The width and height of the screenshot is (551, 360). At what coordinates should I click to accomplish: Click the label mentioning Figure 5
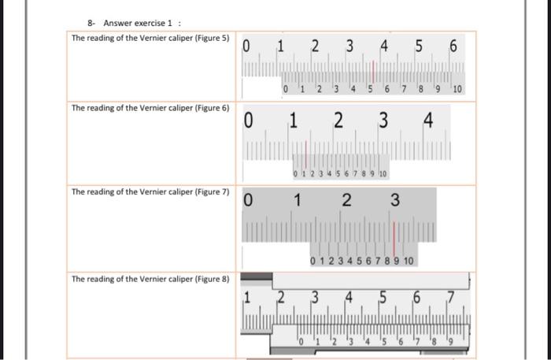pos(150,38)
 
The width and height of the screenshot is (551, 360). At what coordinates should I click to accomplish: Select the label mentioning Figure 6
pos(150,108)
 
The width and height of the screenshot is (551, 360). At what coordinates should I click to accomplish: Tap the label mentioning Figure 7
pos(150,191)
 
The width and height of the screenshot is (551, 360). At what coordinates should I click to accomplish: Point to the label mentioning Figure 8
pos(150,279)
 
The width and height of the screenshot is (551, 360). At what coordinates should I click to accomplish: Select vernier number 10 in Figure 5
pos(457,89)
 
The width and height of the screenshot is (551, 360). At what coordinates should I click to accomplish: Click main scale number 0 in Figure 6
pos(248,121)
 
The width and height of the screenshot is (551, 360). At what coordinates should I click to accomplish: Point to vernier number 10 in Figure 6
pos(383,173)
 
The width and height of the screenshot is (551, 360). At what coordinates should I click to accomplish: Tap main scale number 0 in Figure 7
pos(248,202)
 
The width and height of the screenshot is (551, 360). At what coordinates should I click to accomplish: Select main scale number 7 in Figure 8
pos(451,298)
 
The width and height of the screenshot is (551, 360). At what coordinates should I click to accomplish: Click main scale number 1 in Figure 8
pos(246,298)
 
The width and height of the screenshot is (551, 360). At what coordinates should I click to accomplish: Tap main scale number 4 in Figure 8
pos(348,298)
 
